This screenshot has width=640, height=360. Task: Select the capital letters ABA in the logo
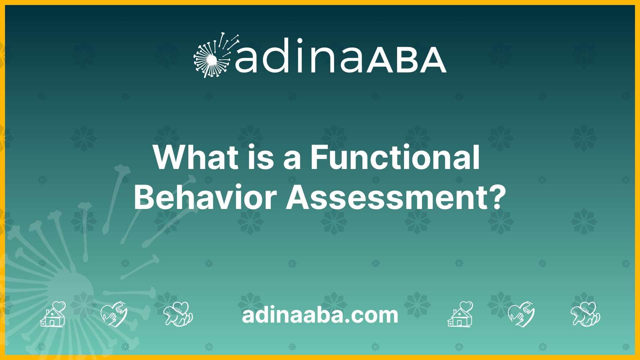coord(407,60)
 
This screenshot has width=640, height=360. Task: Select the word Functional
coord(395,157)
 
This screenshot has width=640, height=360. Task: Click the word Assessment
coord(387,197)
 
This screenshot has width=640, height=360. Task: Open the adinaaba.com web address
coord(320,315)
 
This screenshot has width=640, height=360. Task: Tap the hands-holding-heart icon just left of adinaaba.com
coord(178,314)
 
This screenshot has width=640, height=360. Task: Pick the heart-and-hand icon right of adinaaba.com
coord(521,314)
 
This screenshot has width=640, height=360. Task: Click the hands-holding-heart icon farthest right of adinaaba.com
coord(585,314)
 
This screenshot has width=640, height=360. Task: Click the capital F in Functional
coord(318,157)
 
